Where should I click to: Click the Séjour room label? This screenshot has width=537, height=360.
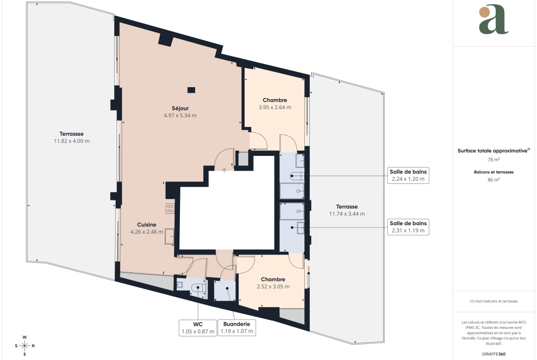[180, 108]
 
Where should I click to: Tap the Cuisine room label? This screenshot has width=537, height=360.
[146, 225]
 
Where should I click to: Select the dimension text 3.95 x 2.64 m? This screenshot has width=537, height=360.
[274, 107]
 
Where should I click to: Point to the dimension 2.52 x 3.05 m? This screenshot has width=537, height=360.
[273, 287]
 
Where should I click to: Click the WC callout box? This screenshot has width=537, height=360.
[198, 328]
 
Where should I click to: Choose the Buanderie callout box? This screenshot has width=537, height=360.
[237, 328]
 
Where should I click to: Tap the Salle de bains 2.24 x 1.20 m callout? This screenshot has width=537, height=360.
[408, 175]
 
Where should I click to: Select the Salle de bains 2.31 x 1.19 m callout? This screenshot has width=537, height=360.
[408, 227]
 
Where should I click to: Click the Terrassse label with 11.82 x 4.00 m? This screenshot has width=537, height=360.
[72, 137]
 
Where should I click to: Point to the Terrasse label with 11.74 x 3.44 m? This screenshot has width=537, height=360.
[347, 210]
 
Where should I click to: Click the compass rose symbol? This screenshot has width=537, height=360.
[25, 346]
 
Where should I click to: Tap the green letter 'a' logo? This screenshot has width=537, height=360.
[493, 19]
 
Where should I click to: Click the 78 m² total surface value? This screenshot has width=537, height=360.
[493, 160]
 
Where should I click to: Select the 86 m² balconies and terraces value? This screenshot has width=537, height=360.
[493, 180]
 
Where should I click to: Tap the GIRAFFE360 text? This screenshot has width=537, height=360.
[493, 354]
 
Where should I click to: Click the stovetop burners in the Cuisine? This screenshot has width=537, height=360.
[170, 208]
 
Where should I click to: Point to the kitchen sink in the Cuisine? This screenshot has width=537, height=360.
[169, 236]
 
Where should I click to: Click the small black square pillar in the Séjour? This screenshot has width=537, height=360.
[191, 90]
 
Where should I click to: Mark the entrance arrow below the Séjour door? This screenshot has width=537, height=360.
[224, 171]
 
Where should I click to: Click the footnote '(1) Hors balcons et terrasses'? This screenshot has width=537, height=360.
[493, 301]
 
